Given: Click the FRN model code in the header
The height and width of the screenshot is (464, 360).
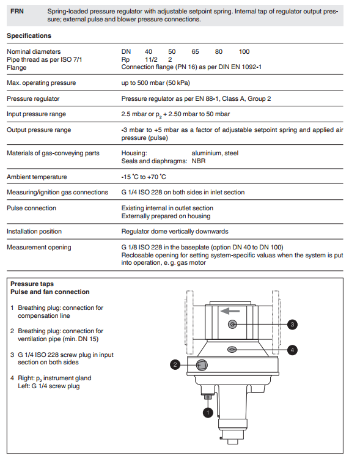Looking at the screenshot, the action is [x=17, y=12].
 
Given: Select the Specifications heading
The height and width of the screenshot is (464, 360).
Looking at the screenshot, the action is [x=29, y=36].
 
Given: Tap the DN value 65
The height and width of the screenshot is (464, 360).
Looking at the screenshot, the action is [x=195, y=52].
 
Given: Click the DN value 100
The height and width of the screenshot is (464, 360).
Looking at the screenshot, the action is [x=244, y=52].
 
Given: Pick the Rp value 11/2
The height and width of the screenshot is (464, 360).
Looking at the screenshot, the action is [x=151, y=59].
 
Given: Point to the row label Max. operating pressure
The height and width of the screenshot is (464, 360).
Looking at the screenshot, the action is [x=41, y=83].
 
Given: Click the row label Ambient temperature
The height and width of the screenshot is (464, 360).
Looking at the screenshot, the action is [x=37, y=177].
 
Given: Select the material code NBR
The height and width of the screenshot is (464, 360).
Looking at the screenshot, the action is [x=199, y=161].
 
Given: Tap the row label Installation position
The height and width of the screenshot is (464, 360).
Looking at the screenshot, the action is [x=34, y=232].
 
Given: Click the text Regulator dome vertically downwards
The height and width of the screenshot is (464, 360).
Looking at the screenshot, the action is [x=175, y=232].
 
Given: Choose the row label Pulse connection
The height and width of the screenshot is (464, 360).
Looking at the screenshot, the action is [x=31, y=208].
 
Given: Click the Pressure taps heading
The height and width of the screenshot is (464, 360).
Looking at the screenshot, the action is [x=32, y=284].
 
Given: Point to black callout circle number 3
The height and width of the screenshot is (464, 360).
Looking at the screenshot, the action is [x=292, y=325].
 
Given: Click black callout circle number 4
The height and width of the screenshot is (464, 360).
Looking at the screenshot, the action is [x=292, y=350].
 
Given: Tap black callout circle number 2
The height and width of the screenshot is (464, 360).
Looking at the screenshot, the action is [x=175, y=364].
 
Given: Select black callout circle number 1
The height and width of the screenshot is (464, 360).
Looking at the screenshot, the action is [x=208, y=413].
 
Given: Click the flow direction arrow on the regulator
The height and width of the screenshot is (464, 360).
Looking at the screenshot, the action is [x=230, y=311].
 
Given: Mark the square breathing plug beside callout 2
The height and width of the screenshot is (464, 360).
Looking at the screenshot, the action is [x=202, y=365].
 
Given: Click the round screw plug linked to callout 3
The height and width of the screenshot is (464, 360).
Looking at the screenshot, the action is [x=232, y=325].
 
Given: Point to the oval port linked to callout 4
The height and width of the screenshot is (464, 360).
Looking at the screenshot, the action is [x=232, y=350].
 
